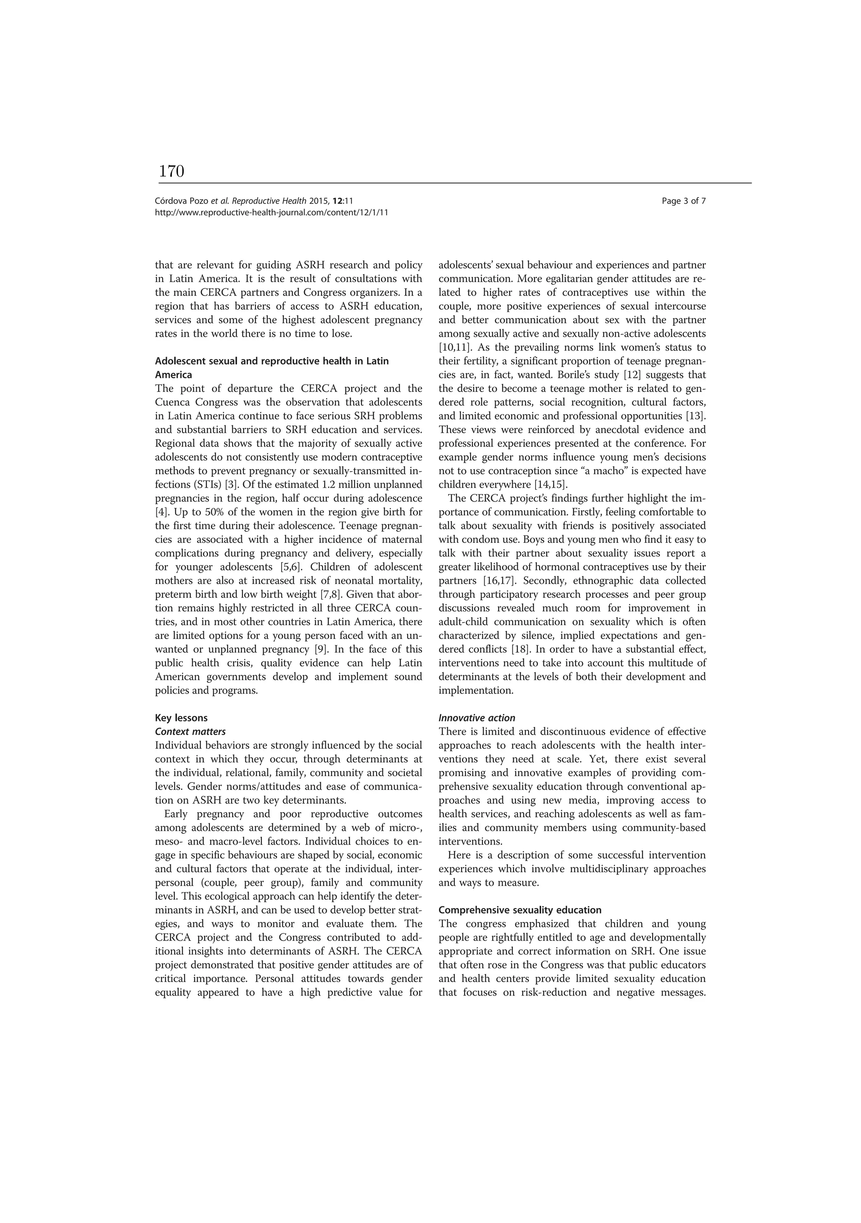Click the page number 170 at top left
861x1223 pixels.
coord(172,172)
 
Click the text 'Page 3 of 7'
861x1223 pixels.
coord(684,201)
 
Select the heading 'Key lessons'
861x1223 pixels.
coord(181,718)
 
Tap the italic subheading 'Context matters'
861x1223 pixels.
coord(190,732)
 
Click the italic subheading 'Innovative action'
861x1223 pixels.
coord(477,718)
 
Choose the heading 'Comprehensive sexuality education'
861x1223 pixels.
coord(520,910)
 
